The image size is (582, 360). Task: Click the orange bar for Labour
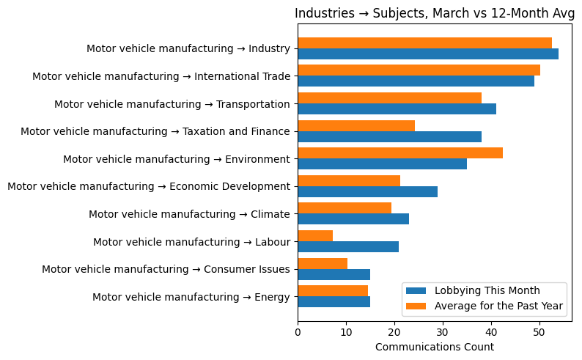(x=315, y=236)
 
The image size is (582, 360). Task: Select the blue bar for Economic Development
(x=367, y=192)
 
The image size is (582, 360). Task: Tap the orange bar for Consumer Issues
(x=323, y=264)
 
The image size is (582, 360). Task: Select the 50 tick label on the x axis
(x=539, y=332)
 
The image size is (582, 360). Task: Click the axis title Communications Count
(x=434, y=347)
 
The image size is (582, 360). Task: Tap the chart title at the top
(x=434, y=13)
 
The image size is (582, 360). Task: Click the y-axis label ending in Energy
(x=191, y=297)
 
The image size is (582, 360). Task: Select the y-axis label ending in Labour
(x=191, y=242)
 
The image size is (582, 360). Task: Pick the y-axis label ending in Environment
(x=177, y=159)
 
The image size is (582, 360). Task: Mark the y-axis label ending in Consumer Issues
(x=166, y=270)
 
